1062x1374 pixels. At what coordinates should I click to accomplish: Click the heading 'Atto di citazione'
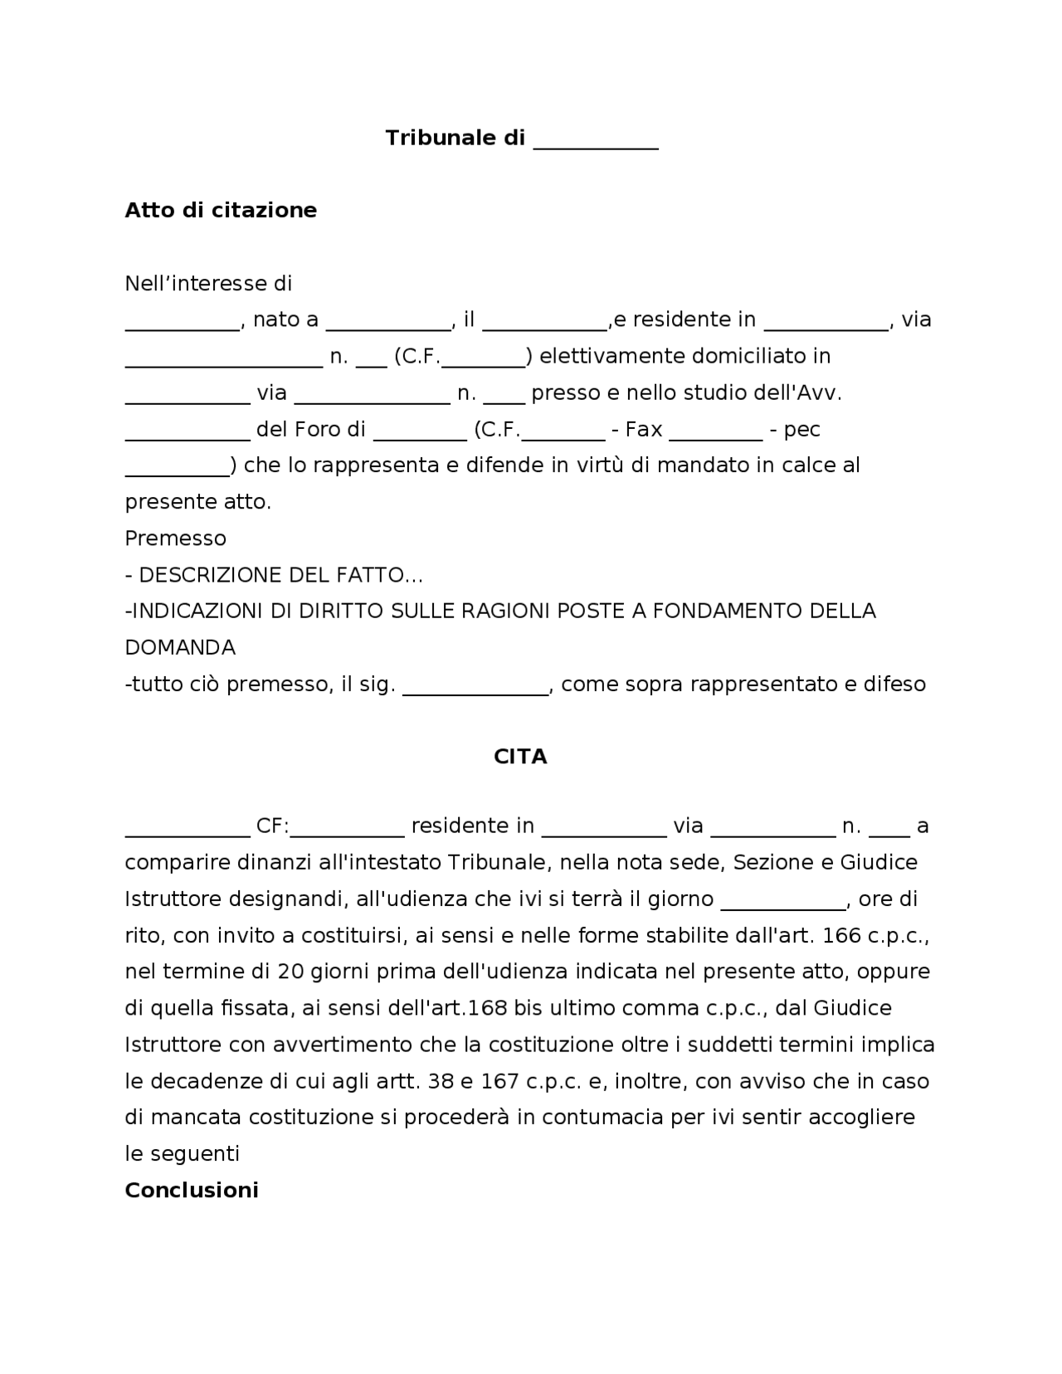[x=221, y=210]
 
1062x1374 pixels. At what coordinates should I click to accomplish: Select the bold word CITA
[x=520, y=757]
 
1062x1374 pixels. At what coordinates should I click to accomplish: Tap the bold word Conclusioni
[x=192, y=1190]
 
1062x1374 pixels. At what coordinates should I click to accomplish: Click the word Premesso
[x=175, y=538]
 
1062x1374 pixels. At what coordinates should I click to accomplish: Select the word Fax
[x=643, y=430]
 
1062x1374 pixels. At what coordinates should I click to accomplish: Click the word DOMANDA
[x=180, y=647]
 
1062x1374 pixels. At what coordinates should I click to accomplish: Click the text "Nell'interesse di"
[x=208, y=284]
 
